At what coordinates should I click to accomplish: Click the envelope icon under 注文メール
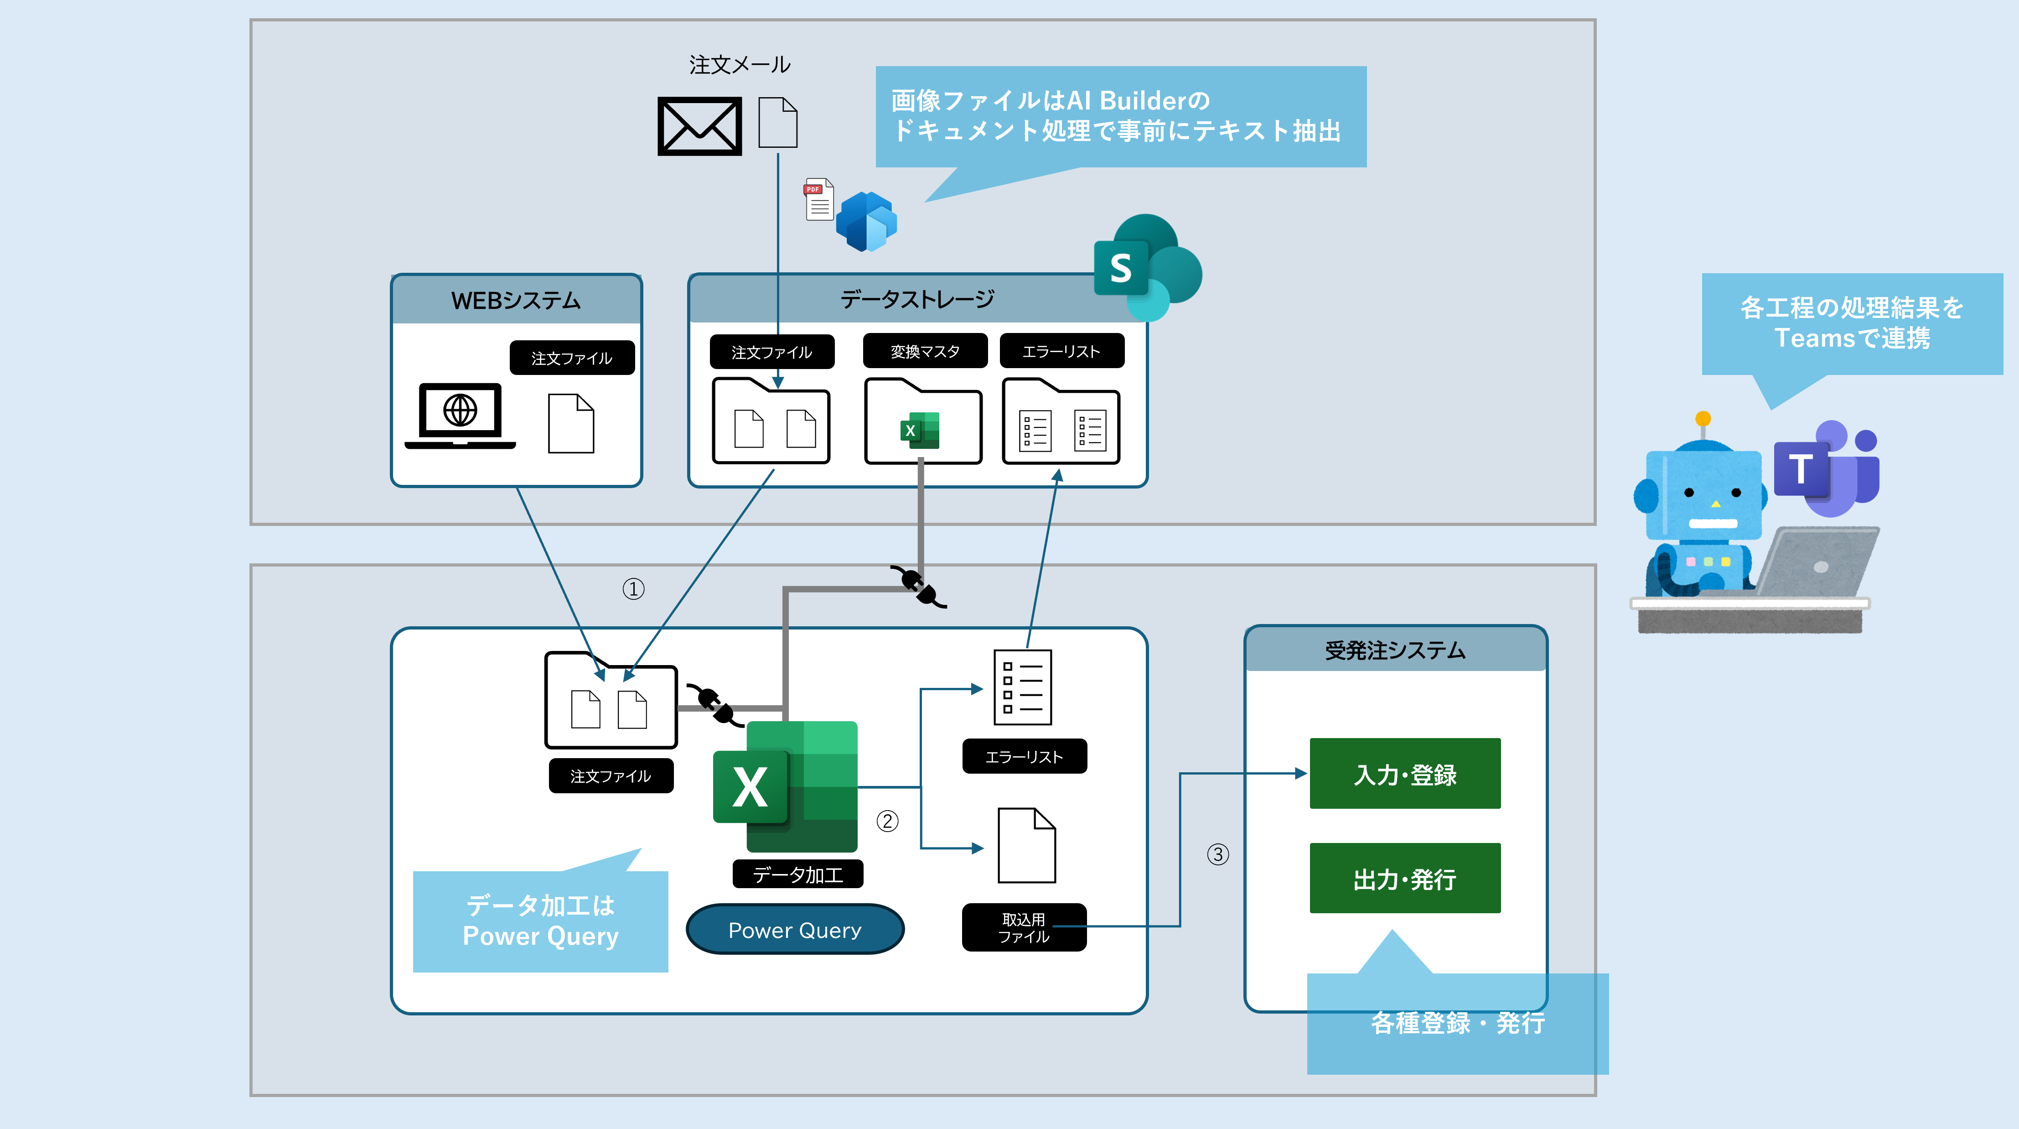coord(699,126)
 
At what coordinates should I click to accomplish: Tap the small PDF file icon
coord(819,200)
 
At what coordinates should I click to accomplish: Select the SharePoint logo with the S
coord(1147,266)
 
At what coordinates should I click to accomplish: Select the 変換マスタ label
coord(925,351)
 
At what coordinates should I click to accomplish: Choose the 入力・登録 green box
coord(1404,774)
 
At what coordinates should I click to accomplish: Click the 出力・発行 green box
coord(1404,878)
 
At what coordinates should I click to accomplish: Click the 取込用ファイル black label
coord(1024,927)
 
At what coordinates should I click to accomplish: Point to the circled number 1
coord(633,589)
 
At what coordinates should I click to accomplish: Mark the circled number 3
coord(1218,854)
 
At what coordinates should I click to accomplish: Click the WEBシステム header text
coord(516,300)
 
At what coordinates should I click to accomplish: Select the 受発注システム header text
coord(1395,650)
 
